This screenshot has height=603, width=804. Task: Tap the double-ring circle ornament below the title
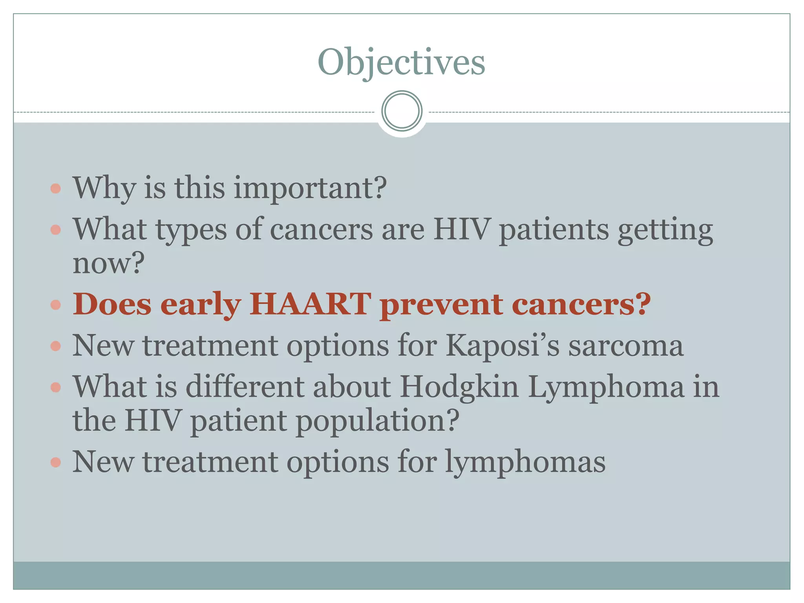[402, 111]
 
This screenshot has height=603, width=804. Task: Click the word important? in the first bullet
[310, 188]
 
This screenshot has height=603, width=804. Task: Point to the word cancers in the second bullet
[322, 229]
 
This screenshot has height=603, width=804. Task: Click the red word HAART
[310, 304]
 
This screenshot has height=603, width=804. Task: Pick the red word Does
[112, 304]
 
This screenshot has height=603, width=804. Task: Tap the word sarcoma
[626, 346]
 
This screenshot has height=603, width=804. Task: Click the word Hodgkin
[459, 387]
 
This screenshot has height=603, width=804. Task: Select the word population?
[377, 421]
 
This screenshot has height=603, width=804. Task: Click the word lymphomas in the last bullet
[525, 462]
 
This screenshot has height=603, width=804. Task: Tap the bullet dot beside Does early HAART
[56, 305]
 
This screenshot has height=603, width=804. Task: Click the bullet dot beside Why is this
[56, 188]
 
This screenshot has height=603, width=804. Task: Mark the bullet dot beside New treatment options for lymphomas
[56, 462]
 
